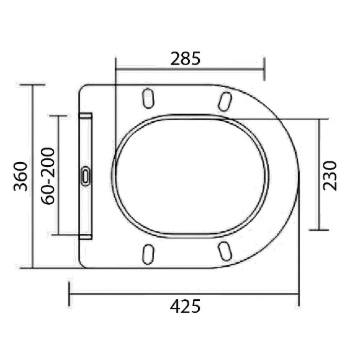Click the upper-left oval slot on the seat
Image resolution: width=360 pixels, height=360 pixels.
coord(148,99)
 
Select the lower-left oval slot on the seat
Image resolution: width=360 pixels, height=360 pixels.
coord(148,252)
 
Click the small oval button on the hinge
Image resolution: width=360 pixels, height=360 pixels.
coord(86,176)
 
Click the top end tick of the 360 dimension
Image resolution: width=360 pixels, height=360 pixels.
coord(32,84)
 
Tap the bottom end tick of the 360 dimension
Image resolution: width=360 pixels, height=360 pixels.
coord(32,268)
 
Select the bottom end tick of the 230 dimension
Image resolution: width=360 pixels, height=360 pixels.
coord(319,230)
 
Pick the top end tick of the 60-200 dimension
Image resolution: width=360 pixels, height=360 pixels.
coord(58,116)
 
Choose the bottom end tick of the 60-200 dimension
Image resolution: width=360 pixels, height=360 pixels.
coord(58,235)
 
